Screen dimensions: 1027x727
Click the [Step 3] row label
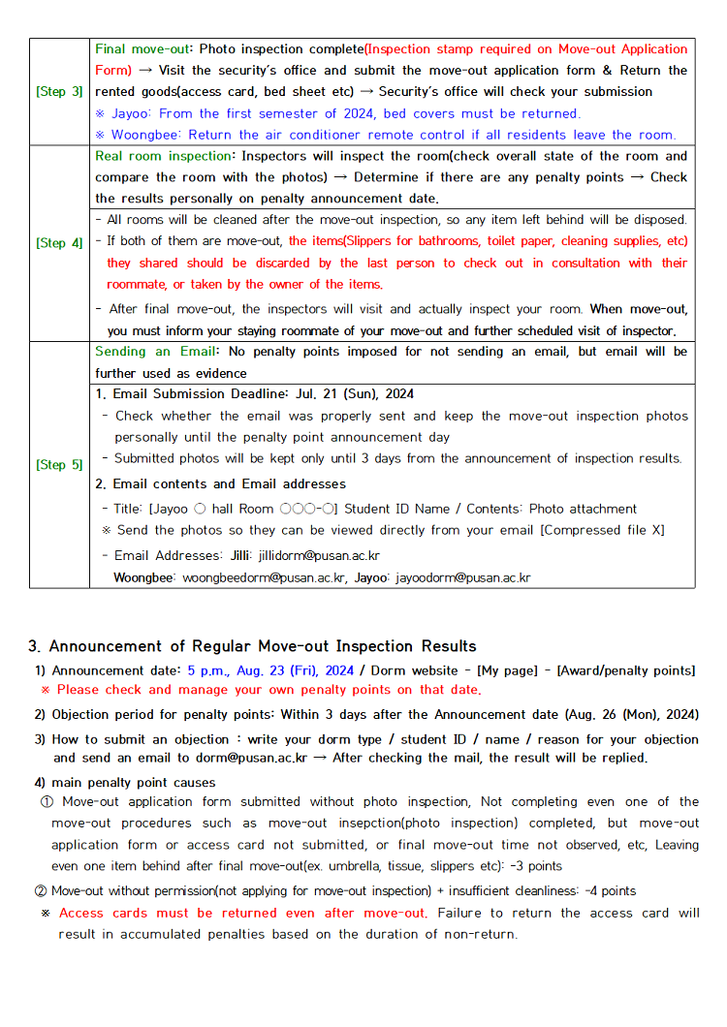click(x=59, y=92)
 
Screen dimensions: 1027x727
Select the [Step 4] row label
click(x=59, y=243)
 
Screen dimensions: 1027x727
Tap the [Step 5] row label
click(x=59, y=465)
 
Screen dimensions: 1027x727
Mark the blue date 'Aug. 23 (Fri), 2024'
click(x=270, y=670)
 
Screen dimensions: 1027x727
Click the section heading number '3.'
click(x=35, y=646)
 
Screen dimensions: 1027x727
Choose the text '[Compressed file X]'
click(x=600, y=531)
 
